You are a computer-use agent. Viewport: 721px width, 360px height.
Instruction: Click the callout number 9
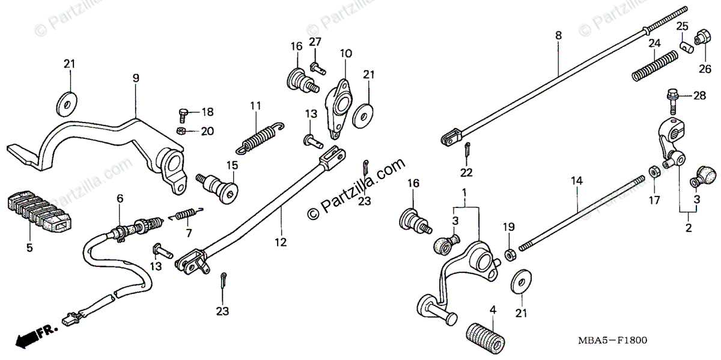tap(136, 78)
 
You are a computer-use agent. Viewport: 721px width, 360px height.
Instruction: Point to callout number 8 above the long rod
tap(558, 36)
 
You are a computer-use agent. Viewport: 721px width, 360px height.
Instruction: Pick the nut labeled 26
tap(701, 37)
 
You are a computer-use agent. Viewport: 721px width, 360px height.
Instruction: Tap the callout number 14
tap(576, 180)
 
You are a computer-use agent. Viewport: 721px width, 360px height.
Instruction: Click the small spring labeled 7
tap(186, 213)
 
